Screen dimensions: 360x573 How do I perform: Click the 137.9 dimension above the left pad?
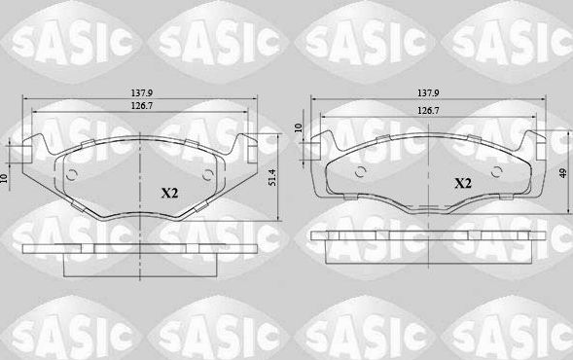tap(142, 94)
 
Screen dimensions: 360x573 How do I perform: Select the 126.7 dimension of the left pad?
tap(142, 108)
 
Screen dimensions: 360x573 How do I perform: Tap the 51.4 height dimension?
tap(273, 176)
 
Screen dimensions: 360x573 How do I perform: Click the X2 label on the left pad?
tap(170, 193)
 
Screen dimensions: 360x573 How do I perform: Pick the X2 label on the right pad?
tap(462, 182)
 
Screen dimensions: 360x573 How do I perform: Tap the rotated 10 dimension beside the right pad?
tap(300, 126)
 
